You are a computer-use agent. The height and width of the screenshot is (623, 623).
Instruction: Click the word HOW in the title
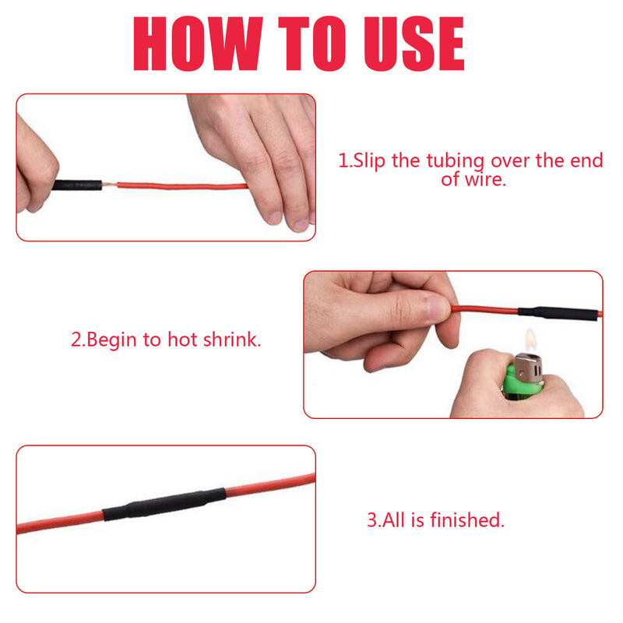198,44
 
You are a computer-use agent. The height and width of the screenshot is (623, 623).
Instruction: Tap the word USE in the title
414,44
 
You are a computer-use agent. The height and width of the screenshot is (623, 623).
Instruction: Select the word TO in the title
312,44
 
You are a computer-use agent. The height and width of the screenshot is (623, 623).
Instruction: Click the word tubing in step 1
456,162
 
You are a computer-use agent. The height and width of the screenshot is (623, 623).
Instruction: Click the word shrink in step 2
232,340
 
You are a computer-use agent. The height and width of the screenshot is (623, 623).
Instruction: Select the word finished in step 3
467,520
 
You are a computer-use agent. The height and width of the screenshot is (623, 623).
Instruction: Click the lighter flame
530,340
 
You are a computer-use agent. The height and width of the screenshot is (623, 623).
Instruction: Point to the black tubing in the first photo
77,185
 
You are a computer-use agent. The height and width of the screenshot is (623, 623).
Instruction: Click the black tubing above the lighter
558,313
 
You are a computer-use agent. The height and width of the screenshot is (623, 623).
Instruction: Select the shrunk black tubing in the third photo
164,503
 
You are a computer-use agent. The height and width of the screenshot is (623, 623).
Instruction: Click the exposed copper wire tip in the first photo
110,185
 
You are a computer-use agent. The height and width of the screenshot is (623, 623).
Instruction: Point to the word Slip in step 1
369,161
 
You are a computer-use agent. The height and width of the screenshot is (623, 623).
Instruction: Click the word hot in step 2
182,340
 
